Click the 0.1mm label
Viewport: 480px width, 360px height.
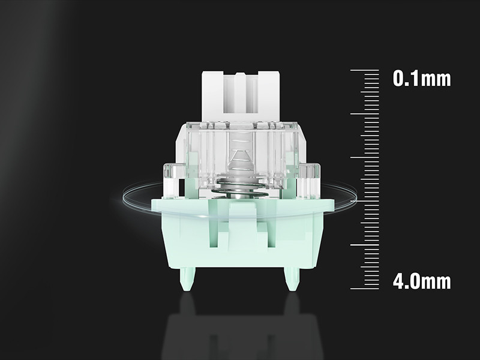[422, 79]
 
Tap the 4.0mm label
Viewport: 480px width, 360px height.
[422, 281]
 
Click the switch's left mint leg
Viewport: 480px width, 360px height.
[187, 279]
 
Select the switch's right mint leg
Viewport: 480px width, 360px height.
[292, 279]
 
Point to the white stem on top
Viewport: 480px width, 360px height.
[241, 97]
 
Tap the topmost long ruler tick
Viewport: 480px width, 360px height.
[365, 70]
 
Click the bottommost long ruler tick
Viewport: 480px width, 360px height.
[365, 289]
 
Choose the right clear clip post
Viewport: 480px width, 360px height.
[309, 181]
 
